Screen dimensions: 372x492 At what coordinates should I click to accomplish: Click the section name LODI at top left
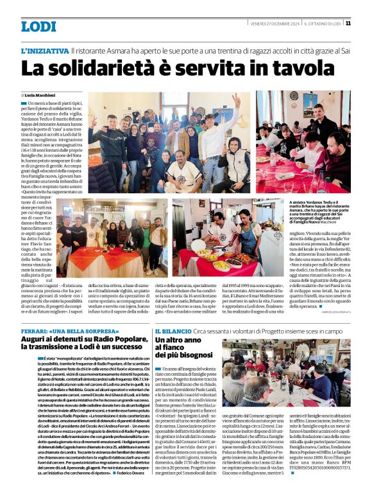point(38,26)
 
